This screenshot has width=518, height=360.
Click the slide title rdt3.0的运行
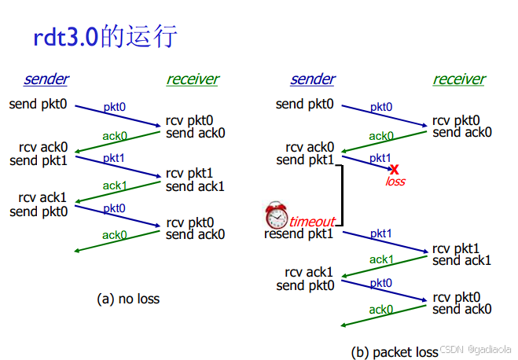coord(105,37)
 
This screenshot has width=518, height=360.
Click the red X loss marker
coord(395,169)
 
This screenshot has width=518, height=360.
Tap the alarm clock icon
coord(276,214)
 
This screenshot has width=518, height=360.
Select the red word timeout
coord(312,222)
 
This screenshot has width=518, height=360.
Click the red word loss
coord(395,182)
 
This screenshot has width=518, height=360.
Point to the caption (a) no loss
coord(128,299)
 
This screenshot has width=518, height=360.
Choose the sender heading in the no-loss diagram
coord(46,79)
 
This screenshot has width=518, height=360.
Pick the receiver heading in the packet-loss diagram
coord(459,79)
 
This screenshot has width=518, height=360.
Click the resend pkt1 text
coord(300,233)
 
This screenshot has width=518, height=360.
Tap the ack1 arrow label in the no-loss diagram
coord(115,186)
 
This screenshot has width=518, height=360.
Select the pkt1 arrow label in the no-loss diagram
coord(114,158)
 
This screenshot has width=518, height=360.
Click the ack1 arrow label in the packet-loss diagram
coord(381,259)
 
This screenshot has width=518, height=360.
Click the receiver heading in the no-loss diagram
coord(193,79)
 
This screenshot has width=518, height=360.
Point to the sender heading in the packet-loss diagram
coord(312,79)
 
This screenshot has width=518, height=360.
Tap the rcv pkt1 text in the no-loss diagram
coord(189,173)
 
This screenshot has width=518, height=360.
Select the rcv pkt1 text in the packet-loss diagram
coord(455,248)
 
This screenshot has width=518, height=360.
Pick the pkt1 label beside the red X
coord(380,158)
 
